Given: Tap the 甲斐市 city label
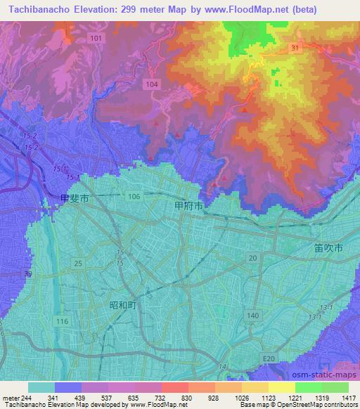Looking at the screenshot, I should [x=75, y=199].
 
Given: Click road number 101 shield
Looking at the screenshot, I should [x=96, y=37].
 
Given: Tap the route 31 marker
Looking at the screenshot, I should [x=295, y=46].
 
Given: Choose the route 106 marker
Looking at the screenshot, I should [x=134, y=196].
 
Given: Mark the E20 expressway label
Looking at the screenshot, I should [x=268, y=359].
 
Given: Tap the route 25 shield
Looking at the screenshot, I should [x=78, y=263].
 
